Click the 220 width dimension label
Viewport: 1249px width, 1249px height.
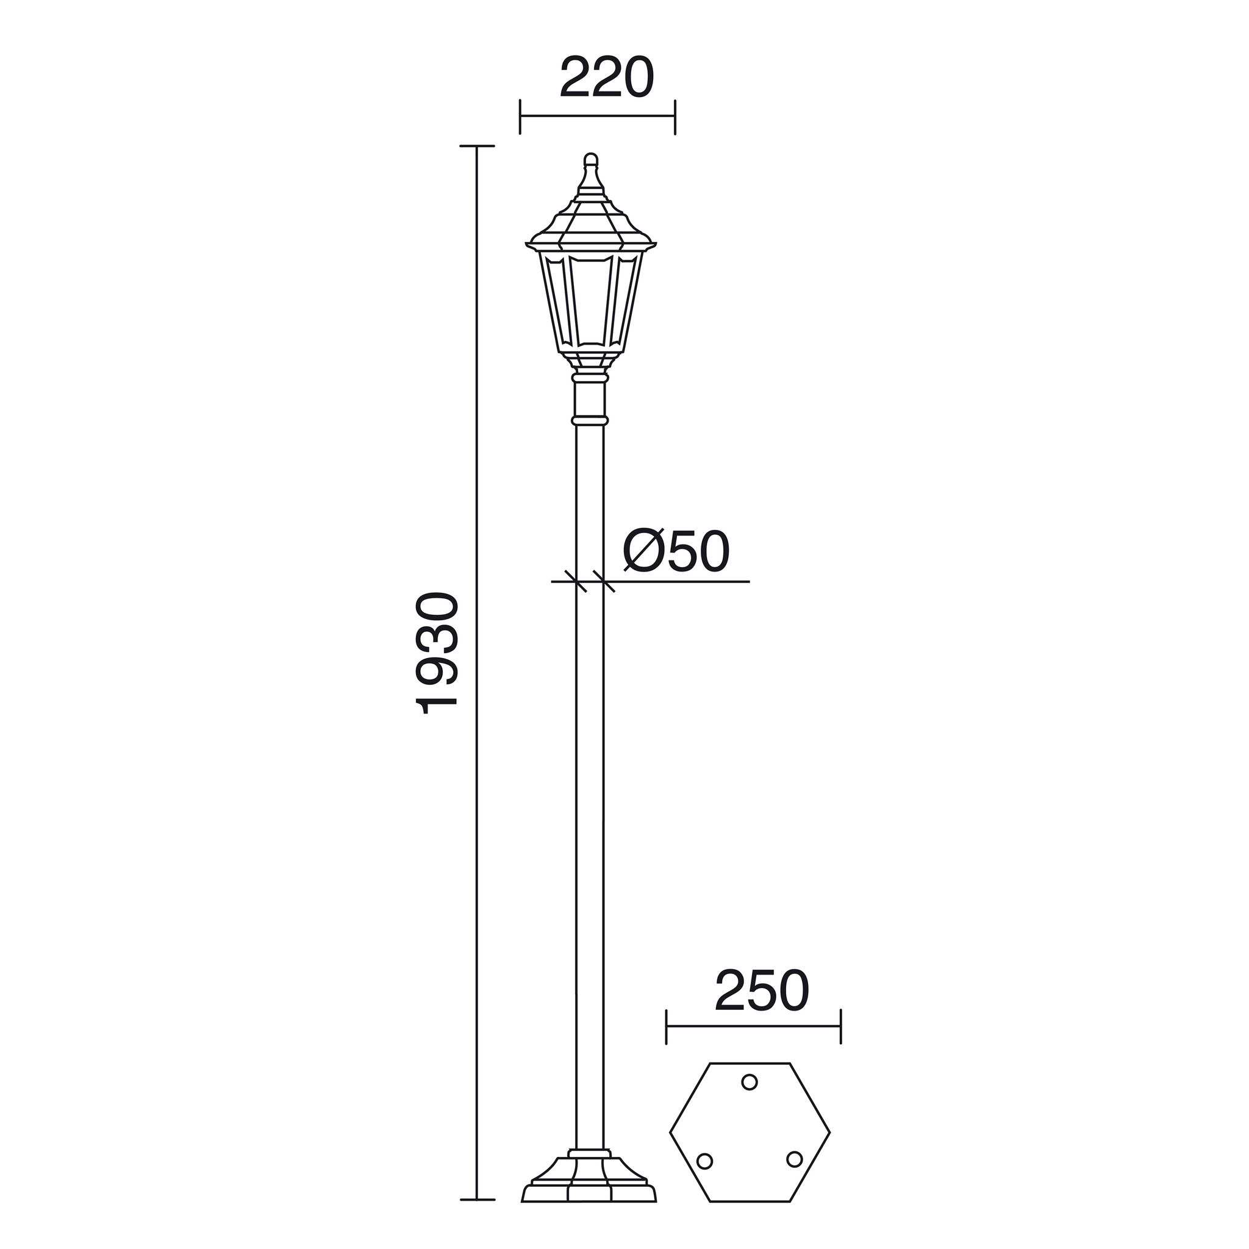(x=606, y=77)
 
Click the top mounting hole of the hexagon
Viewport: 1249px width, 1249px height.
(x=750, y=1081)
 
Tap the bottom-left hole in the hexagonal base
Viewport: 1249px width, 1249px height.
(x=706, y=1161)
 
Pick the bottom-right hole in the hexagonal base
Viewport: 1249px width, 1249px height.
(x=794, y=1159)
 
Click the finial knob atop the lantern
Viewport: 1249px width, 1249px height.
(x=590, y=160)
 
